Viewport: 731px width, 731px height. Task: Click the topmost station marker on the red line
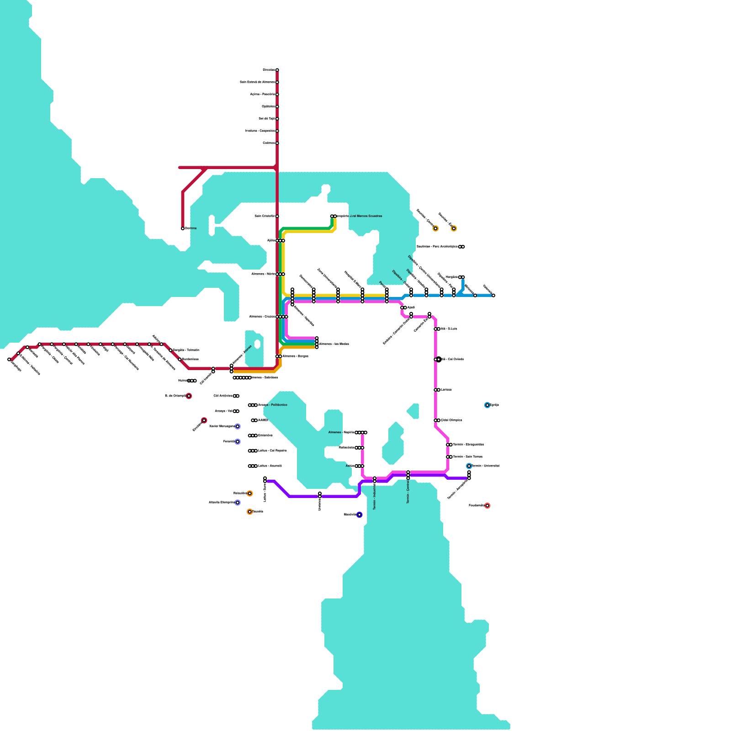click(x=277, y=70)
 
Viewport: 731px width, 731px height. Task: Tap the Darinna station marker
click(x=183, y=228)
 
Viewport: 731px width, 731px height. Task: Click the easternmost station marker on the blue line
click(x=493, y=296)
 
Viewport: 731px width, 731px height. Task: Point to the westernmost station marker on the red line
click(x=9, y=360)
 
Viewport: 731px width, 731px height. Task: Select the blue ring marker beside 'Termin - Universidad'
click(x=469, y=466)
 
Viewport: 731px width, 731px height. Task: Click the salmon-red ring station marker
click(x=487, y=506)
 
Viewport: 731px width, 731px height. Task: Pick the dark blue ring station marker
click(x=360, y=515)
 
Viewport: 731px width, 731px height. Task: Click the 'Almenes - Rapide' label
click(x=341, y=432)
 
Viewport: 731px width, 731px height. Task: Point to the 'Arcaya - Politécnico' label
click(x=273, y=405)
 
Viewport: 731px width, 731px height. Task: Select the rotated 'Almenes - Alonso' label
click(x=243, y=355)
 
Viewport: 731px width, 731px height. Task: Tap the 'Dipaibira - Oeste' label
click(x=402, y=279)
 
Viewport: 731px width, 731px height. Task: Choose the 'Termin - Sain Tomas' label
click(x=467, y=457)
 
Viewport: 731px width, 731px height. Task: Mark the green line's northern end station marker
click(x=332, y=217)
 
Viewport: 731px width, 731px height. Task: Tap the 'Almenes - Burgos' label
click(x=295, y=356)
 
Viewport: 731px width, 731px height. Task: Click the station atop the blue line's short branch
click(x=463, y=277)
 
